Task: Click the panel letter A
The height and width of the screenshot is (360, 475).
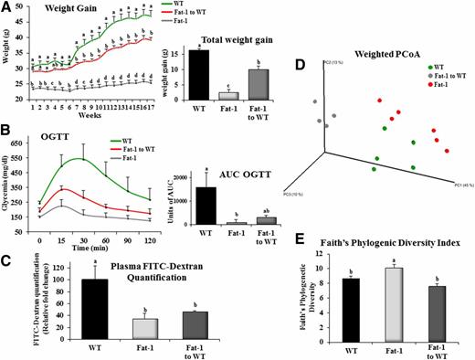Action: tap(7, 7)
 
